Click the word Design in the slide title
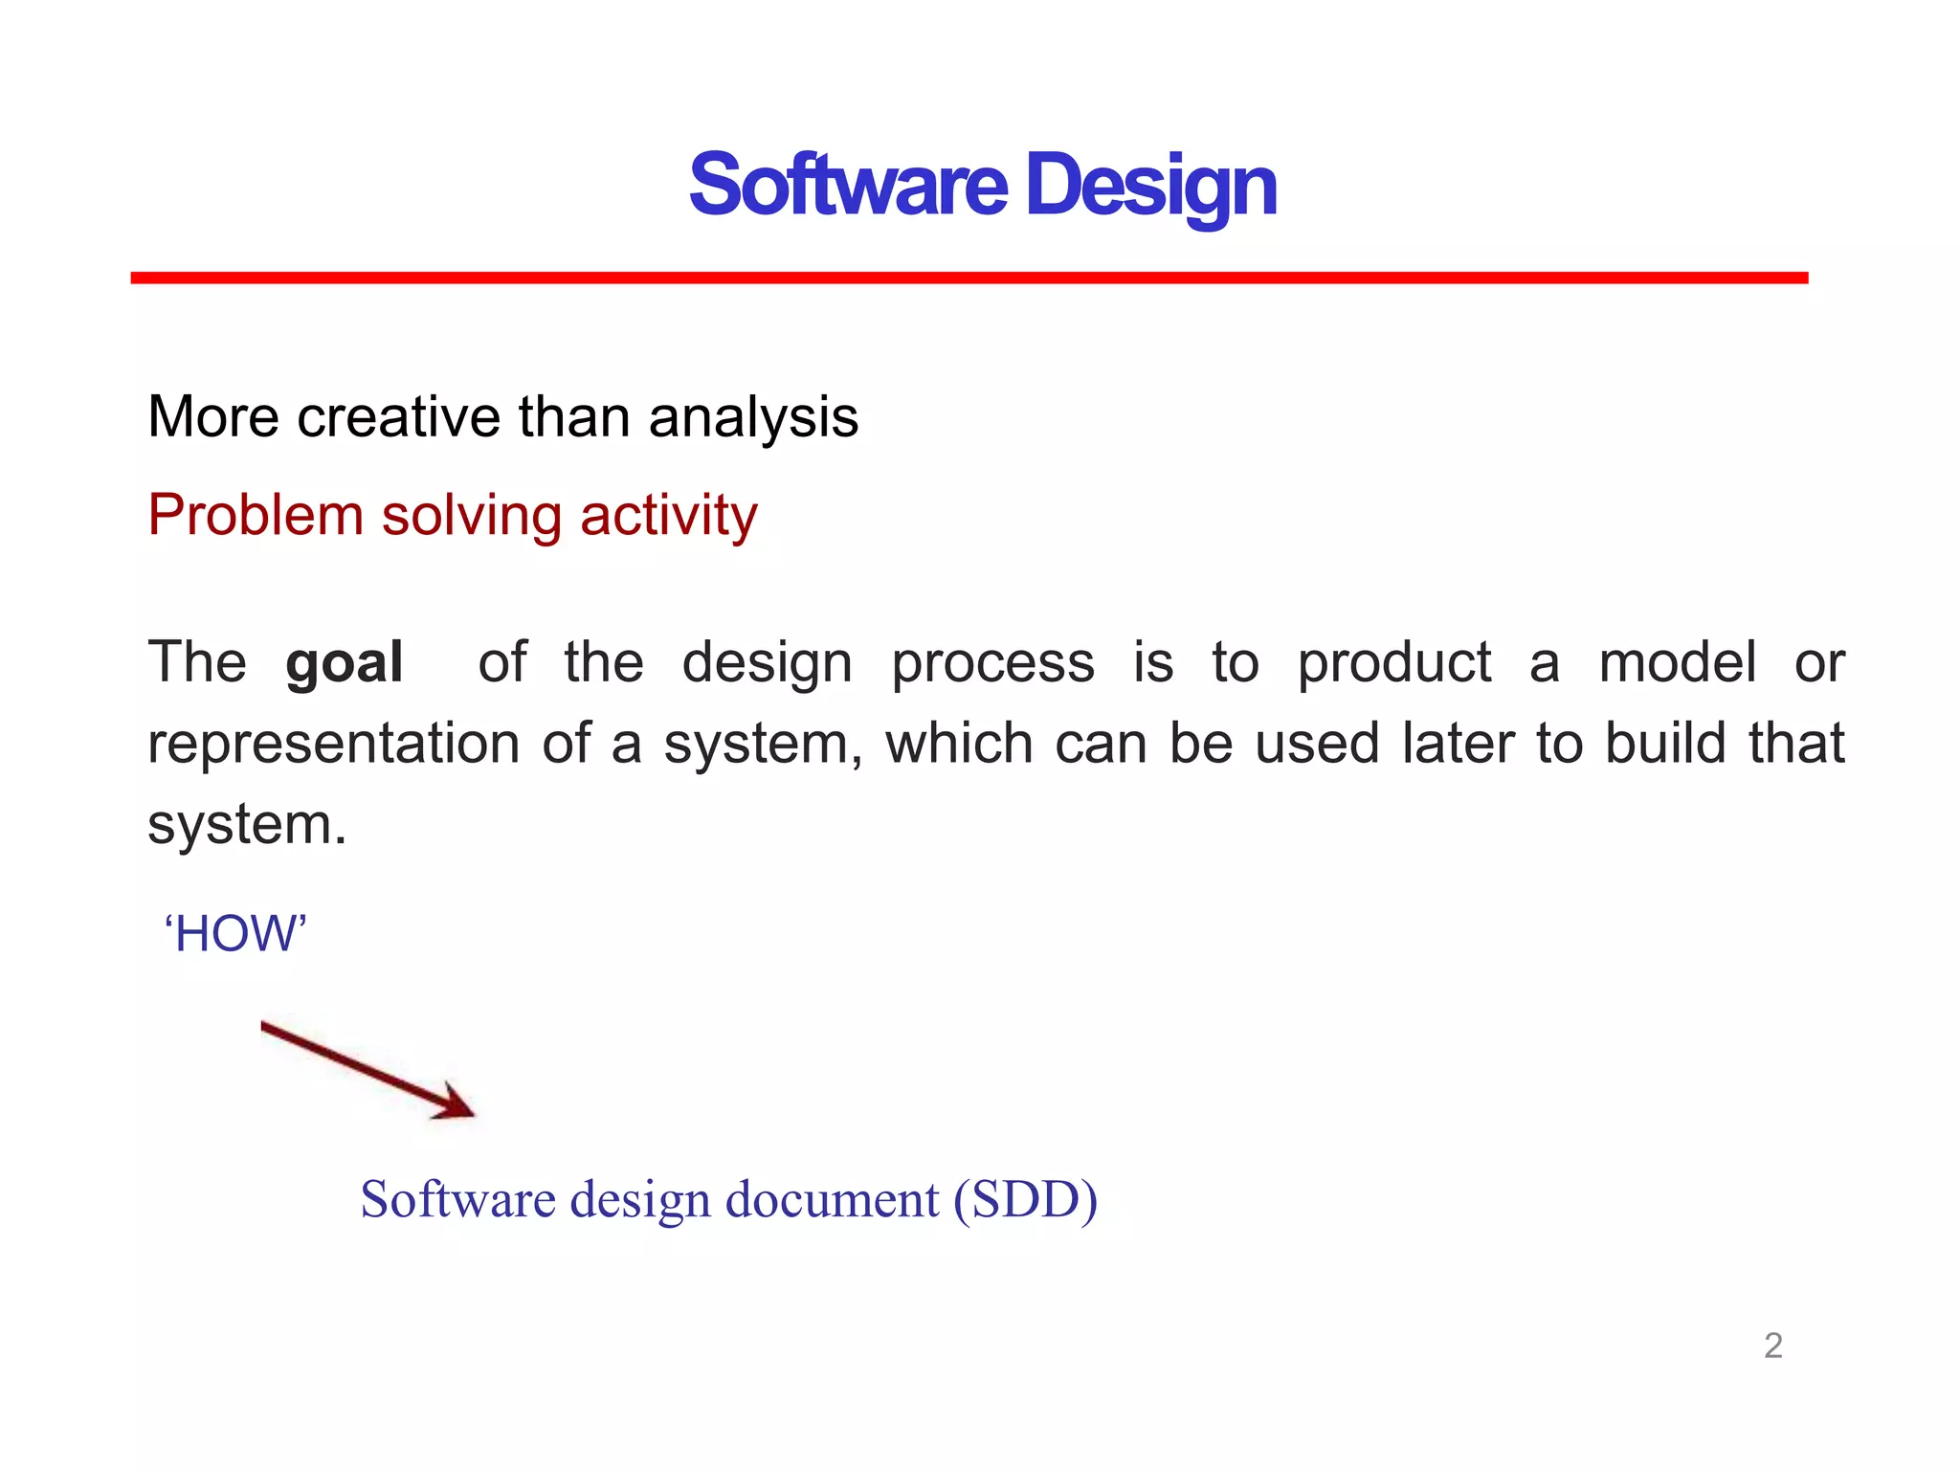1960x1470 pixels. (1150, 187)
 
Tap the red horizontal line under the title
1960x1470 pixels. (969, 278)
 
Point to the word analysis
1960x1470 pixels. (753, 419)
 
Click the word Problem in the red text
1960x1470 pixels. (255, 515)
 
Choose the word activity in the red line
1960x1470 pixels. (668, 517)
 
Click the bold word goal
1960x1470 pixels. (344, 663)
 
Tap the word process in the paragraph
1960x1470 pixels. (992, 663)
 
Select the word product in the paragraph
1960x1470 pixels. (1393, 663)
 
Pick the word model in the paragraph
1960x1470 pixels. (1677, 661)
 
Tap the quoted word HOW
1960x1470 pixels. (235, 933)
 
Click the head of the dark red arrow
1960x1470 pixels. (457, 1105)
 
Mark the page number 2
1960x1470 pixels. (1772, 1346)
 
